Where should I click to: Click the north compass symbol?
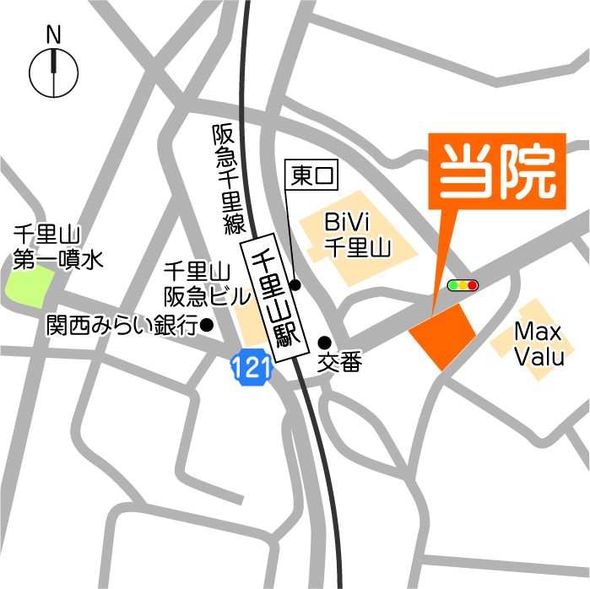[x=54, y=73]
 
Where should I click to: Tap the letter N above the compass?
[x=54, y=35]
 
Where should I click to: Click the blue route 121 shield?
[x=251, y=366]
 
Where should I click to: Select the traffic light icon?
[x=463, y=286]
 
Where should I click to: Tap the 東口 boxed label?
[x=314, y=176]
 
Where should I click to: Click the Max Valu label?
[x=539, y=343]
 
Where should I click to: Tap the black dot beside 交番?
[x=324, y=342]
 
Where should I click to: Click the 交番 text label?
[x=339, y=363]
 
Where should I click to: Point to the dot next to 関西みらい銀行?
[x=207, y=324]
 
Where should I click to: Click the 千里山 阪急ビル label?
[x=198, y=284]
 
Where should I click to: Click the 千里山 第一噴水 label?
[x=56, y=247]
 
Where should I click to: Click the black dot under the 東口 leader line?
[x=295, y=284]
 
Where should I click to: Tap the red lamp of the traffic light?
[x=473, y=286]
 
